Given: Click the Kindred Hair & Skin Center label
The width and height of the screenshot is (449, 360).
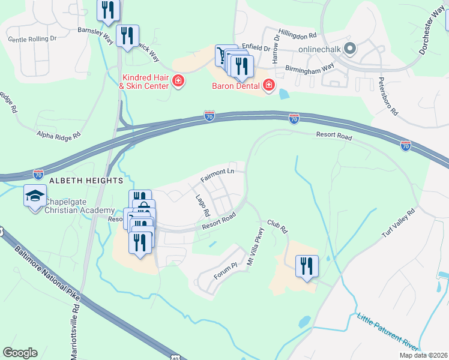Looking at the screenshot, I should pyautogui.click(x=146, y=82).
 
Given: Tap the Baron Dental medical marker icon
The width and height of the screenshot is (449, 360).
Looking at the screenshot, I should pyautogui.click(x=268, y=86).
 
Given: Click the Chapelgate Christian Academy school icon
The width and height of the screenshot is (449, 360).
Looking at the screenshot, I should pyautogui.click(x=35, y=196).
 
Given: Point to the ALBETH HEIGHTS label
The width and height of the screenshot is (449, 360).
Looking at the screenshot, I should pyautogui.click(x=86, y=180).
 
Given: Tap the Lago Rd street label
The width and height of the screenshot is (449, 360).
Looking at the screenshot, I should pyautogui.click(x=202, y=205).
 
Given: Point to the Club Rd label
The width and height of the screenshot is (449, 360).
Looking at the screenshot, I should pyautogui.click(x=278, y=226).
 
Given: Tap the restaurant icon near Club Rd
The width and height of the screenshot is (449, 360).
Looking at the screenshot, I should pyautogui.click(x=307, y=265).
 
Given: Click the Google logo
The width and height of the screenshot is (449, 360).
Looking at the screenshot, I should pyautogui.click(x=20, y=353).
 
